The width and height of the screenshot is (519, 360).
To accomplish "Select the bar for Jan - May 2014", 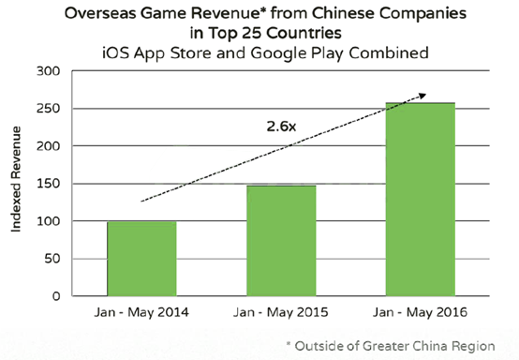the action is (141, 259).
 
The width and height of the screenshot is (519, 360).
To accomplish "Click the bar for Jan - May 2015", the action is (281, 240).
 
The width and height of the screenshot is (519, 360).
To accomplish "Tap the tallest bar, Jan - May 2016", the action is (421, 199).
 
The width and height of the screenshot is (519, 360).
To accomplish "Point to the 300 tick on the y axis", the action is (48, 71).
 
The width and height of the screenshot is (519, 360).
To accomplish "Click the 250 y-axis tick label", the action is (48, 109).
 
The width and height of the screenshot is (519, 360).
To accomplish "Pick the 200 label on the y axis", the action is (48, 145).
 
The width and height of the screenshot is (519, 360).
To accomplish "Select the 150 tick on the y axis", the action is (48, 183).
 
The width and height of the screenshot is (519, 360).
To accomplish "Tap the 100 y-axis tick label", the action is (48, 221).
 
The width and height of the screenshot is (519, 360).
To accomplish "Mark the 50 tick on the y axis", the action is (52, 259).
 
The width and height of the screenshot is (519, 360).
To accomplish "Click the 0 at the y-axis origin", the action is (56, 295).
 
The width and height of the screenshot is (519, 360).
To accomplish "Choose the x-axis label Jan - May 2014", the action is (141, 312).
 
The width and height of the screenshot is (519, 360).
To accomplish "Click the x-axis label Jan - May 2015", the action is (281, 312).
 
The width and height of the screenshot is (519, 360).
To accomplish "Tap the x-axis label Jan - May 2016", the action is (421, 312).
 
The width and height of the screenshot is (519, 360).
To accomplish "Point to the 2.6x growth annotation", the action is (281, 127).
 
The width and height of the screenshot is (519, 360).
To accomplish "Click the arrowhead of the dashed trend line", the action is (423, 96).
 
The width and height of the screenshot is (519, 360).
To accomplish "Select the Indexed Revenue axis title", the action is (16, 179).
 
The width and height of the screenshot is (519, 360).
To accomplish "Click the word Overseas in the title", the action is (99, 13).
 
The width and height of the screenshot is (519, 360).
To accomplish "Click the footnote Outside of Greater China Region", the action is (395, 346).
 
